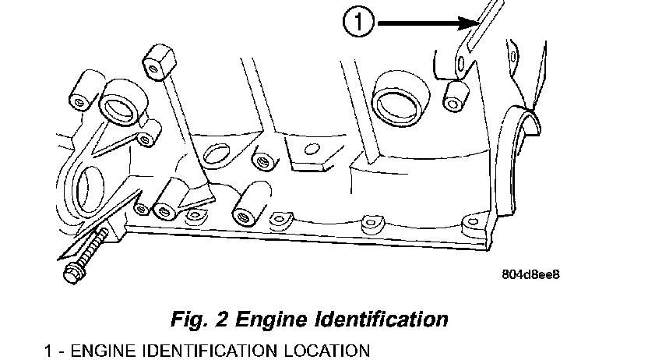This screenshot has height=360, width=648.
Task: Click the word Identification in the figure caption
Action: point(393,319)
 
